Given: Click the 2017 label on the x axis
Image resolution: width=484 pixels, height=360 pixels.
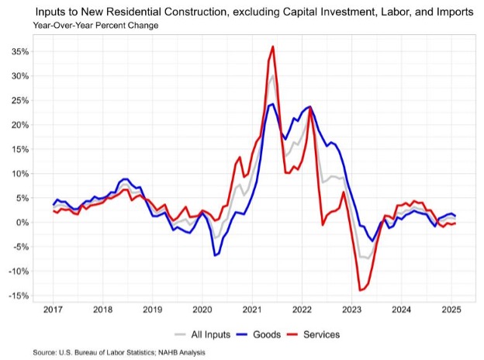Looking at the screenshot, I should tap(54, 310).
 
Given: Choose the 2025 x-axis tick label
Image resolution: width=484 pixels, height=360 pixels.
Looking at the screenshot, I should tap(452, 310).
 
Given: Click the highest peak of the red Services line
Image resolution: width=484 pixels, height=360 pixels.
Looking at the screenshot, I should tap(273, 47).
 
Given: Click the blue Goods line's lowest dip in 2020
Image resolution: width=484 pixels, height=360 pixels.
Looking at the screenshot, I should tap(215, 255).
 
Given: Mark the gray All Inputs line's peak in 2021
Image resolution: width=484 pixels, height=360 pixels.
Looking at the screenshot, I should tap(273, 76).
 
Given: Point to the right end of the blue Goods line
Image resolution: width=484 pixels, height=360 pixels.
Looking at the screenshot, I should tap(455, 215).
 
